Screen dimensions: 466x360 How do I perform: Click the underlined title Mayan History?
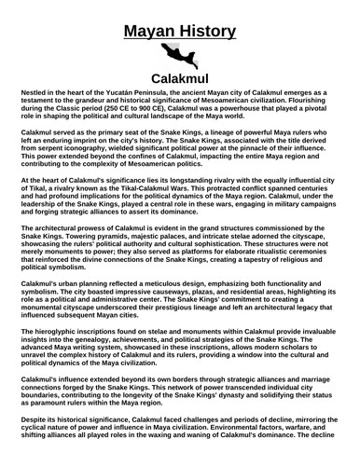coord(180,15)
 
